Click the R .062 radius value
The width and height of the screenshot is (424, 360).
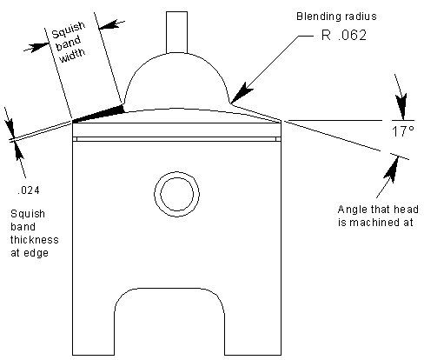coord(344,35)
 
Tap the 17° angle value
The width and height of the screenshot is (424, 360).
coord(403,131)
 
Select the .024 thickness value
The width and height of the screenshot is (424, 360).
coord(29,190)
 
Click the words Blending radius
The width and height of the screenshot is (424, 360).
coord(336,17)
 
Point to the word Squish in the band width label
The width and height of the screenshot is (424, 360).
coord(69,30)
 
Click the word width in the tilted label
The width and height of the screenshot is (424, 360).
coord(72,55)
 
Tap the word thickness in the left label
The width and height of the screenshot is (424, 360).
coord(35,240)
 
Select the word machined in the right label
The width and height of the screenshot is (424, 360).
coord(377,223)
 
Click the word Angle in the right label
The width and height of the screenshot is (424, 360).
coord(350,210)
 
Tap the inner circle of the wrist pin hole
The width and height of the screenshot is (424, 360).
coord(176,194)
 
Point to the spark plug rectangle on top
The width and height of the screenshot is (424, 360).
coord(176,32)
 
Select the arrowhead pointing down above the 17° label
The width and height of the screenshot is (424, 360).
coord(402,106)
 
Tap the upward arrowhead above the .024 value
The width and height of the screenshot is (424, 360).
coord(18,150)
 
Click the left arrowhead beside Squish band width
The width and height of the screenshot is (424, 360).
coord(37,47)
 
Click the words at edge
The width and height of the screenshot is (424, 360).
coord(30,253)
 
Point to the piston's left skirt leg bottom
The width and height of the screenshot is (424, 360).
coord(93,355)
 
